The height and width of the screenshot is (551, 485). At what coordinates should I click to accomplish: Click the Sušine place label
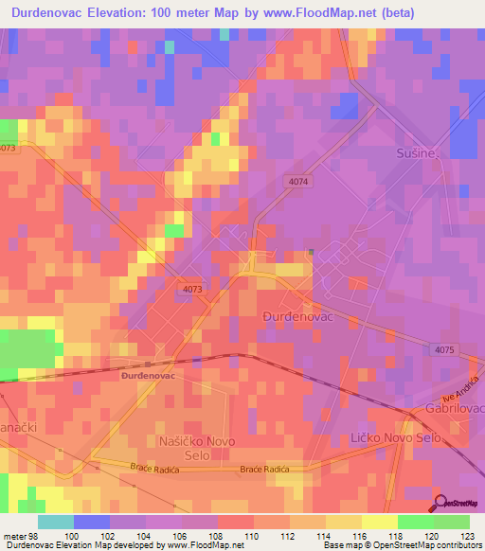[417, 152]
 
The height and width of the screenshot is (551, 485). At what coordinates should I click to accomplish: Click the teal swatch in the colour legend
[56, 522]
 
